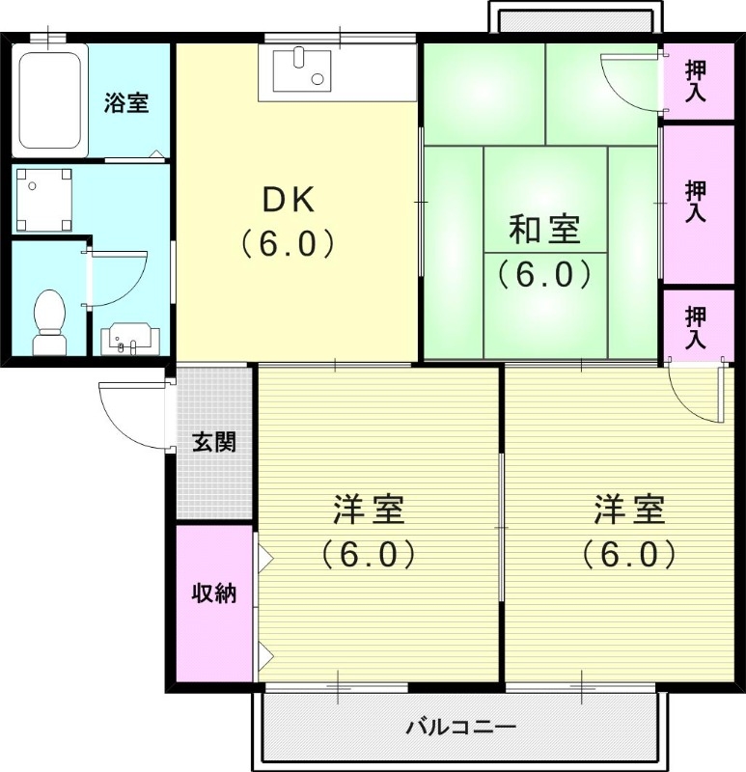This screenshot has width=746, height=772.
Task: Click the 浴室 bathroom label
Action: point(126,102)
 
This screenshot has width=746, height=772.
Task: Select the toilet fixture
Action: point(48,321)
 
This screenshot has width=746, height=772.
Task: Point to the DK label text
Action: point(289,201)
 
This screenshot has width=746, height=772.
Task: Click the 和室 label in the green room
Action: point(544,232)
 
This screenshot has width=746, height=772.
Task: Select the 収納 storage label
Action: point(213,593)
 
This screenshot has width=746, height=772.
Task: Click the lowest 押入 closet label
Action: point(695,327)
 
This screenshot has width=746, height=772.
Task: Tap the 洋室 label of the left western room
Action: point(368,509)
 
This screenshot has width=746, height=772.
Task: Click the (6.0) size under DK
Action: point(289,242)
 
